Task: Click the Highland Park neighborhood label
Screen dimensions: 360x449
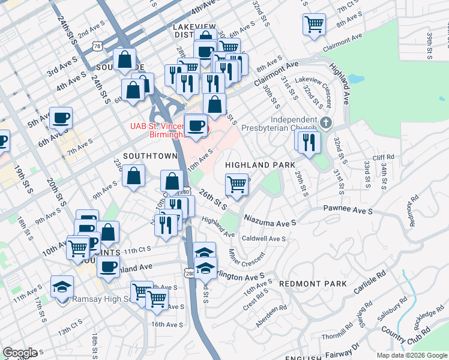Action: point(260,164)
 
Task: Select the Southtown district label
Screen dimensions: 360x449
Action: point(150,155)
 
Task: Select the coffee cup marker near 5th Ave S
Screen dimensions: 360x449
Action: point(61,117)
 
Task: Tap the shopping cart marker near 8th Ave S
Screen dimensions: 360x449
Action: point(314,25)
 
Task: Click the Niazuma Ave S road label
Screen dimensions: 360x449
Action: point(270,223)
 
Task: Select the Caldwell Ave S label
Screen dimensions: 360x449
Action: point(264,239)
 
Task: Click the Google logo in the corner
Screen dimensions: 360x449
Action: point(20,353)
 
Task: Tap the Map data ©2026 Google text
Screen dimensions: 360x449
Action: point(412,355)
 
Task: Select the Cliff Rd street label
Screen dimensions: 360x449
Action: point(383,158)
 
